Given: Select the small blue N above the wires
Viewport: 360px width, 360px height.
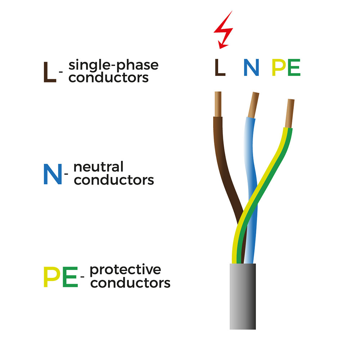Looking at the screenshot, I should coord(251,68).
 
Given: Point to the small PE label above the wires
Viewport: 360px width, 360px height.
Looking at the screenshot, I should coord(286,68).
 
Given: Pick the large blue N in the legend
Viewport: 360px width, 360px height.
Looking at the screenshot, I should coord(52,174).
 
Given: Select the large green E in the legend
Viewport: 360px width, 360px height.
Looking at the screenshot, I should coord(70,277).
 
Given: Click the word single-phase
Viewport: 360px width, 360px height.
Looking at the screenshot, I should coord(113,66).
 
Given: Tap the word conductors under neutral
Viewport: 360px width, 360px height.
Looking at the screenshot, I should coord(114,180).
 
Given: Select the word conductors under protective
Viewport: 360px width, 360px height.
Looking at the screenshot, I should coord(130,283).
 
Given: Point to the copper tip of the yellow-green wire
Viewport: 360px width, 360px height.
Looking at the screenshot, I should coord(290,113).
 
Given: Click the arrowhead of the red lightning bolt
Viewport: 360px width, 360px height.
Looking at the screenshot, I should coord(222,45).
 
